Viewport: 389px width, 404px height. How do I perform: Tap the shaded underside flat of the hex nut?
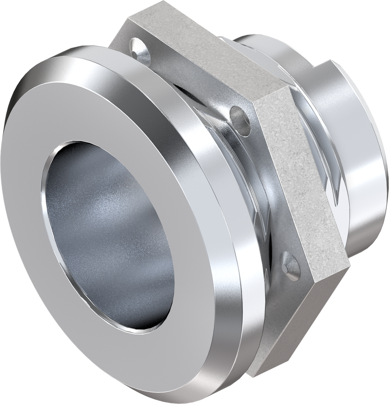300,324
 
